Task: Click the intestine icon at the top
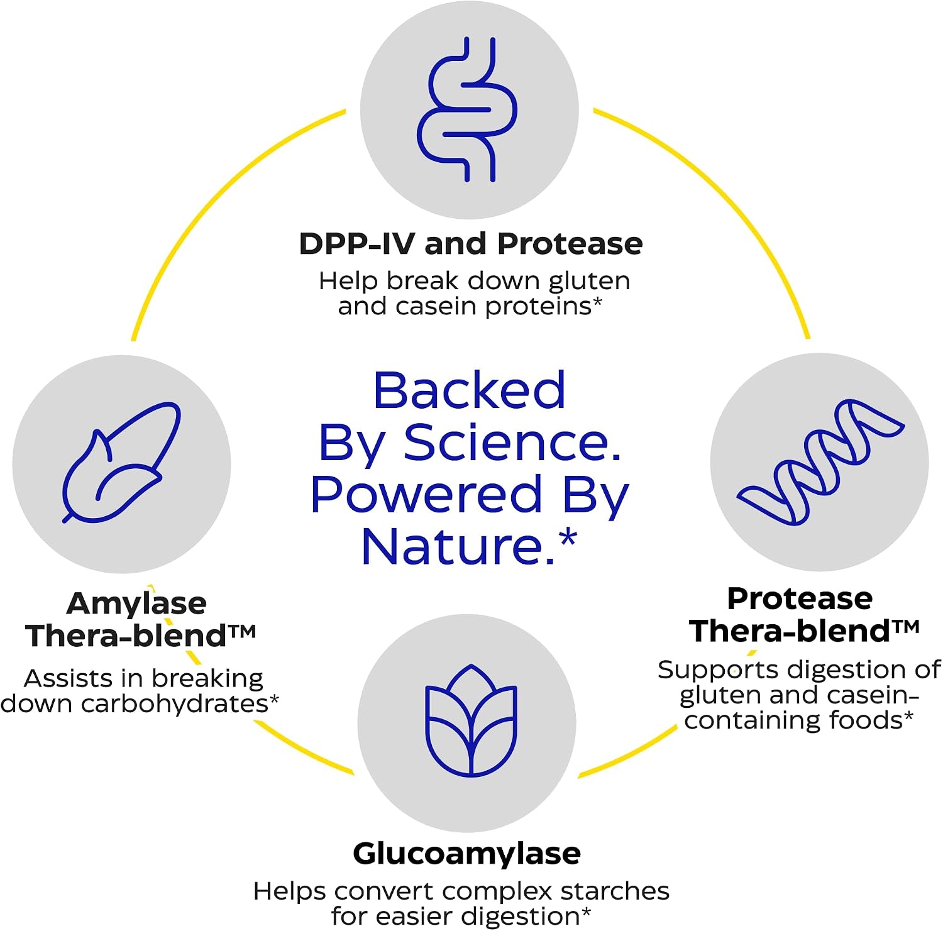[467, 109]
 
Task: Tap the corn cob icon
[121, 462]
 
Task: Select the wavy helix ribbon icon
[820, 462]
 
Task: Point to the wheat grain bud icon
[471, 720]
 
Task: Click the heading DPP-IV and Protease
[471, 244]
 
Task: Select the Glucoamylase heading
[467, 853]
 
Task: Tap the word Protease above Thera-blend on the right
[800, 598]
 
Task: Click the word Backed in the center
[470, 390]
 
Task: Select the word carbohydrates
[175, 704]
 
